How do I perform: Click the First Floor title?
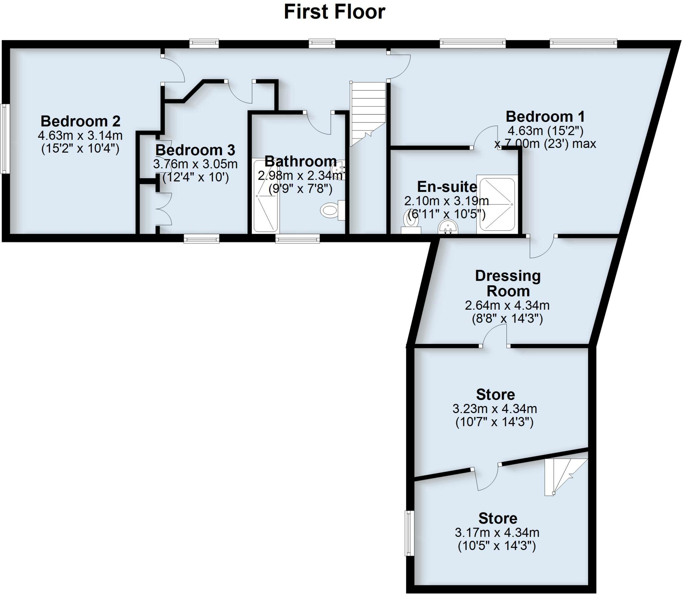334,12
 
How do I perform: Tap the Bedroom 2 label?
80,121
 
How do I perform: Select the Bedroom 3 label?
195,150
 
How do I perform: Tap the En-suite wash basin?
449,227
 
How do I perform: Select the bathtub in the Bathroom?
265,196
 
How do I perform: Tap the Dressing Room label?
508,283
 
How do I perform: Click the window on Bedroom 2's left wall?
4,139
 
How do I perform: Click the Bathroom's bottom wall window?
297,238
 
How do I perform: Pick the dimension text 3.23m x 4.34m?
495,408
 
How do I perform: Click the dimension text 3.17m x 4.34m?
497,532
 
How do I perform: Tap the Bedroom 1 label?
545,117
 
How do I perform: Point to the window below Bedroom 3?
201,238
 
